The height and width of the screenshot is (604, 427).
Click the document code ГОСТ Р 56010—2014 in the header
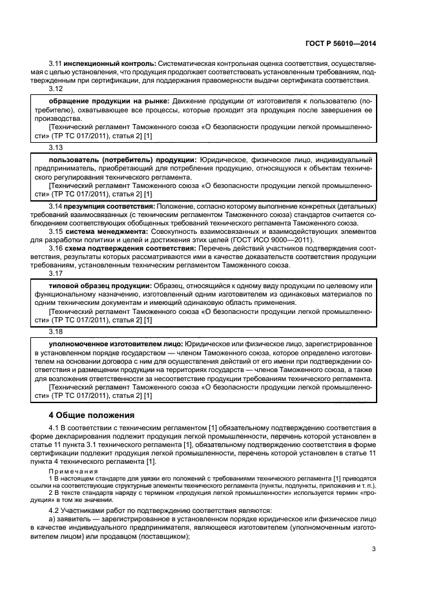(340, 43)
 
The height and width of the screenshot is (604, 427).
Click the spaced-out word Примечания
(68, 471)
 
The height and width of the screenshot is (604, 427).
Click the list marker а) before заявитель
(52, 519)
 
